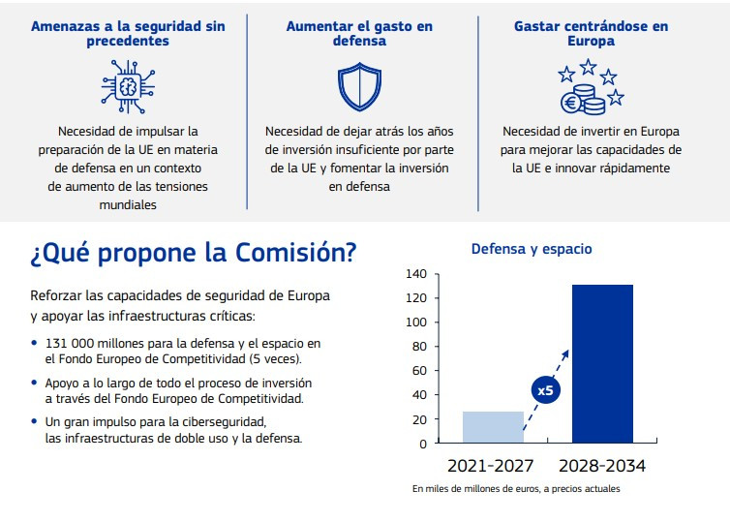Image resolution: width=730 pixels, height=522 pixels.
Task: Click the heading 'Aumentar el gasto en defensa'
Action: click(359, 34)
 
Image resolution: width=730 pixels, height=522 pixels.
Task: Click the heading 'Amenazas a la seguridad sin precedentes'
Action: click(127, 34)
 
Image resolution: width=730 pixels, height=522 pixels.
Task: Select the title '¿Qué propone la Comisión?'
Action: click(193, 254)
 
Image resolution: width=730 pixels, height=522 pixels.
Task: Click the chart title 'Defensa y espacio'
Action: click(531, 249)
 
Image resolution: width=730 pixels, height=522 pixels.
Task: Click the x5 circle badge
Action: click(544, 391)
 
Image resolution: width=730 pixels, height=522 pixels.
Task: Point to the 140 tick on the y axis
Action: click(416, 274)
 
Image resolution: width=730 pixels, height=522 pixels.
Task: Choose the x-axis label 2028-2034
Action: click(601, 466)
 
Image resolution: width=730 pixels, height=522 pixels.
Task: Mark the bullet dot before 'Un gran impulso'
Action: click(35, 421)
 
